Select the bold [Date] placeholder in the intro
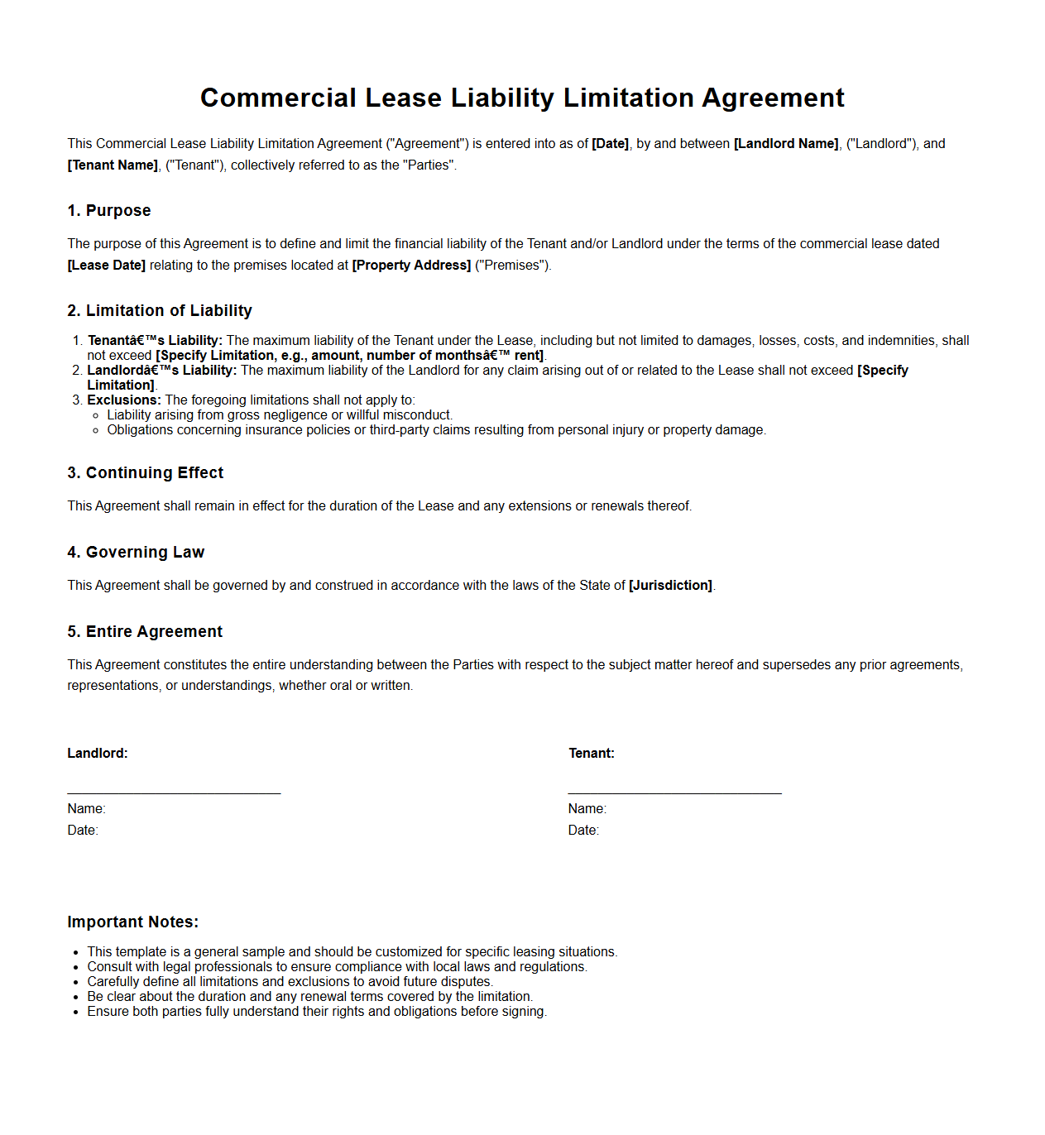pyautogui.click(x=610, y=144)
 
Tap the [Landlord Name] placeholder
pyautogui.click(x=785, y=144)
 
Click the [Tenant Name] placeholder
pyautogui.click(x=113, y=165)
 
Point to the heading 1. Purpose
pyautogui.click(x=109, y=211)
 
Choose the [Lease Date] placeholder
pyautogui.click(x=107, y=266)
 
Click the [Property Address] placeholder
pyautogui.click(x=411, y=266)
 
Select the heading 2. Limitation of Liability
pyautogui.click(x=160, y=311)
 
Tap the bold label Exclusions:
pyautogui.click(x=124, y=400)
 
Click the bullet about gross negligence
pyautogui.click(x=280, y=415)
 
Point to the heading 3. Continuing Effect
pyautogui.click(x=146, y=473)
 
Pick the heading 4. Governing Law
pyautogui.click(x=136, y=553)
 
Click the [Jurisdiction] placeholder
pyautogui.click(x=670, y=586)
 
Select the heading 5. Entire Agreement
pyautogui.click(x=145, y=632)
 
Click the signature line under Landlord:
pyautogui.click(x=174, y=793)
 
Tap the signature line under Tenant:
pyautogui.click(x=674, y=793)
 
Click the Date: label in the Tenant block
pyautogui.click(x=583, y=831)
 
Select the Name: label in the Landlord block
pyautogui.click(x=87, y=809)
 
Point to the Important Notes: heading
pyautogui.click(x=133, y=922)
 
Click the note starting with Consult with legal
pyautogui.click(x=337, y=967)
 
